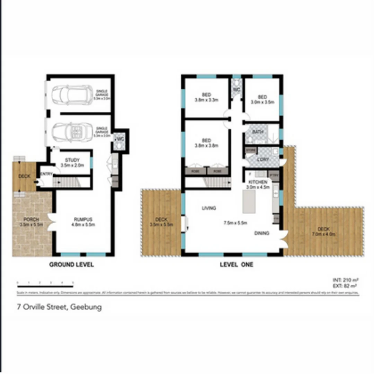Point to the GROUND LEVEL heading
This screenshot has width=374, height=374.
[71, 265]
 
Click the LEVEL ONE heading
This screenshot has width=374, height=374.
[237, 265]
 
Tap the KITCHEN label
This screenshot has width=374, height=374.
[257, 182]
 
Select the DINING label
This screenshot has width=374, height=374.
[262, 233]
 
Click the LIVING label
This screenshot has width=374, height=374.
[209, 208]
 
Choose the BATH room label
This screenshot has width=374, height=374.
[258, 132]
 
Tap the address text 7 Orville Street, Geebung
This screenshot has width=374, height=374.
[59, 307]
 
